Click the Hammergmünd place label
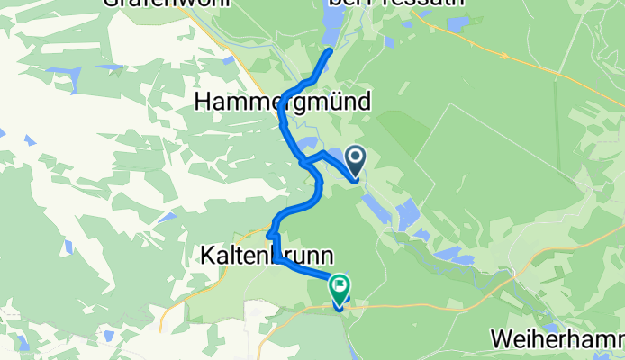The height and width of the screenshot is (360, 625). click(282, 103)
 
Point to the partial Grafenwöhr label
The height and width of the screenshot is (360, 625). click(167, 3)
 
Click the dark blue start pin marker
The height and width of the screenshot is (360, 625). click(355, 161)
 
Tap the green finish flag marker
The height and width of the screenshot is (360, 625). click(340, 288)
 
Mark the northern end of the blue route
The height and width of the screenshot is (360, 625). click(330, 51)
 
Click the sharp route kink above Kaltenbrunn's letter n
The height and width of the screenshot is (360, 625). click(269, 236)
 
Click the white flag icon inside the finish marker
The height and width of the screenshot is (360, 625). click(340, 287)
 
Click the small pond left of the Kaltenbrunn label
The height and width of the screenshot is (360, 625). click(168, 217)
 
